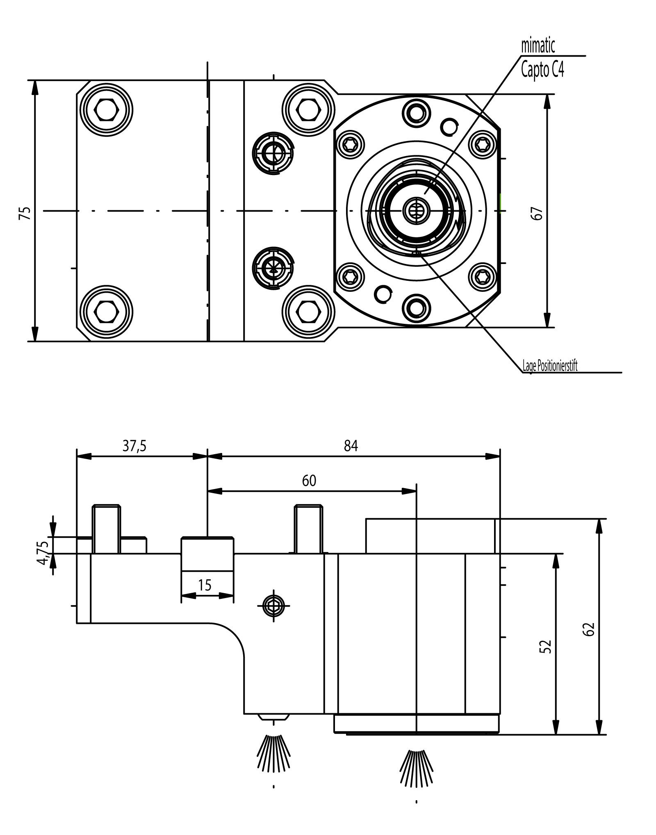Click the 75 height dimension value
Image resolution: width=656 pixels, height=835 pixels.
coord(25,213)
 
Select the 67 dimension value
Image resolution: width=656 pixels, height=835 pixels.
coord(538,214)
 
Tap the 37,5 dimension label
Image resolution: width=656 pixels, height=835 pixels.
coord(134,446)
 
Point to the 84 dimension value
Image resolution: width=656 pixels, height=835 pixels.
coord(351,446)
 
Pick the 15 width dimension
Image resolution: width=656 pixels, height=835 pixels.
coord(205,585)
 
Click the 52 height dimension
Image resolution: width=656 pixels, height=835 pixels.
coord(546,646)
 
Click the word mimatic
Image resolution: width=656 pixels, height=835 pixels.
coord(538,46)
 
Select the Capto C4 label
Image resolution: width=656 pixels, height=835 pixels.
coord(542,70)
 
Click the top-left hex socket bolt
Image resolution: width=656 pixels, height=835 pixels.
coord(107,110)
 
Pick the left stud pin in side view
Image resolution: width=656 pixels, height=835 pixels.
coord(106,529)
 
